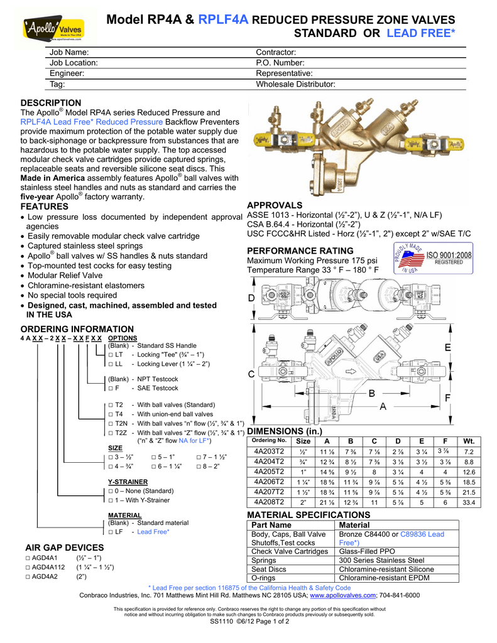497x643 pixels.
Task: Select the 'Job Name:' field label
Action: (x=69, y=52)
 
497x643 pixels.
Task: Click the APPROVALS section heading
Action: (x=275, y=205)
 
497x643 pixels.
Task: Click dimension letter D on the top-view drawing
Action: (x=252, y=297)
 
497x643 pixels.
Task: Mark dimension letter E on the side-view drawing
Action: (x=447, y=348)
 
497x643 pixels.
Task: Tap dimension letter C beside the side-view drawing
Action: (x=252, y=374)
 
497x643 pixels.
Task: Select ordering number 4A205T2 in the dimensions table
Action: (x=269, y=472)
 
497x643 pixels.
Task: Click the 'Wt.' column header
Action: (x=468, y=441)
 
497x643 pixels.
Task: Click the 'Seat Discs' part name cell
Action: (x=269, y=569)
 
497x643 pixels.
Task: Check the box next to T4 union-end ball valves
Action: (x=110, y=414)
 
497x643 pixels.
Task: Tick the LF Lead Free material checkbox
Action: (x=110, y=532)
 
